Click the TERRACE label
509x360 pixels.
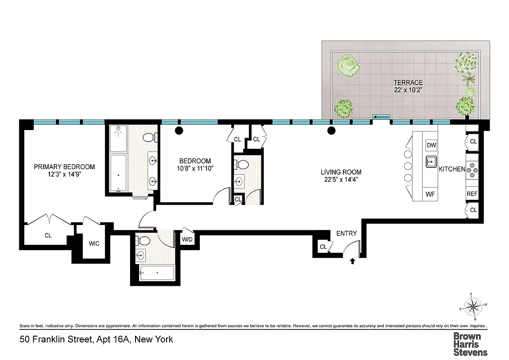tap(408, 82)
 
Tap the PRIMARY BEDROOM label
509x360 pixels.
tap(64, 167)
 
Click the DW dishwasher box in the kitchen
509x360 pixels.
tap(431, 145)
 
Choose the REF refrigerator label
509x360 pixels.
tap(472, 194)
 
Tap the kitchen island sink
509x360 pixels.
tap(431, 161)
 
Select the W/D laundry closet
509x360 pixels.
tap(187, 239)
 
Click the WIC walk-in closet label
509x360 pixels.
tap(94, 243)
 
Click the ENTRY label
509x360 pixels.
tap(347, 234)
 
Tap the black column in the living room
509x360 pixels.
tap(332, 131)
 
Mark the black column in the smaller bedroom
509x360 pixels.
tap(179, 131)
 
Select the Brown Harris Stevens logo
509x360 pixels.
tap(469, 344)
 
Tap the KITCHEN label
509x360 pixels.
tap(452, 169)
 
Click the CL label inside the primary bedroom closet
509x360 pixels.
tap(48, 235)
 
